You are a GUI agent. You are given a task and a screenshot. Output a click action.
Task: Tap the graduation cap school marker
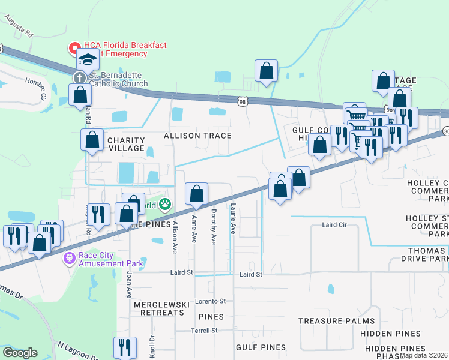point(87,60)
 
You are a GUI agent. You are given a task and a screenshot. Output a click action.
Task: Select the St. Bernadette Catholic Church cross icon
point(79,78)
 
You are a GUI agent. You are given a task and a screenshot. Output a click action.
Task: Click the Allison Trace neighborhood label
point(197,136)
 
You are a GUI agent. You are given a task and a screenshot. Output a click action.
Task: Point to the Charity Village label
point(125,144)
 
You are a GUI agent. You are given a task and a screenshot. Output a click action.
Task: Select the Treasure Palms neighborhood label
point(336,321)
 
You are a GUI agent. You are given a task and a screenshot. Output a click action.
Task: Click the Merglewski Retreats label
point(161,305)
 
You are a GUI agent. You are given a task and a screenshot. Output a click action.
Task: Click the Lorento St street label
point(209,301)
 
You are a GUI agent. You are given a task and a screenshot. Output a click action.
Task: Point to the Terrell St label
point(204,331)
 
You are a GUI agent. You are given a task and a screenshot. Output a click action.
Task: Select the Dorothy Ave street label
point(213,218)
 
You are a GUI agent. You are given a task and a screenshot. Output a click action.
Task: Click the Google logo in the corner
point(20,353)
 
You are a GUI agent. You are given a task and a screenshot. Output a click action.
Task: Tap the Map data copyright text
point(423,355)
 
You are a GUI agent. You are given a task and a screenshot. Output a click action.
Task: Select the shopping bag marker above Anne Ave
point(196,194)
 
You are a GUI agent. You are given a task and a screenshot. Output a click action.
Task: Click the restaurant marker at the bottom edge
point(125,347)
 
